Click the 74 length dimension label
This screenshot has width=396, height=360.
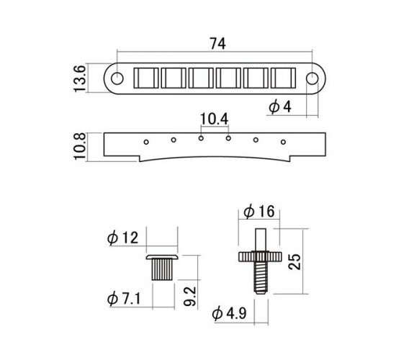217,44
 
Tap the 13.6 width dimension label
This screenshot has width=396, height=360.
79,78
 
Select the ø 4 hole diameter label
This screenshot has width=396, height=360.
280,107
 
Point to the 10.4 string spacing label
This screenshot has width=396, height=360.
214,120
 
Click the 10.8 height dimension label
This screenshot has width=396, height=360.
79,146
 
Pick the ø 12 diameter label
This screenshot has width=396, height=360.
122,238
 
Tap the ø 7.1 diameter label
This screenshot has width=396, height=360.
124,299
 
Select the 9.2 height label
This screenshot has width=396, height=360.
189,296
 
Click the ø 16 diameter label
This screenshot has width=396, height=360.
259,212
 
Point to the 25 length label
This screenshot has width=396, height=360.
294,262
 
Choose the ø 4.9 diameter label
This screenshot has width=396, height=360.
229,314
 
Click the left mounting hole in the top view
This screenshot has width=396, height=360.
117,78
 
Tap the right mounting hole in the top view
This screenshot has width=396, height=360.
312,78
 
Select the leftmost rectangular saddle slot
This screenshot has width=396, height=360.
146,78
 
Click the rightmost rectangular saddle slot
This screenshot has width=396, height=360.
283,78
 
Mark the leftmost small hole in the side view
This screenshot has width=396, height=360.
146,142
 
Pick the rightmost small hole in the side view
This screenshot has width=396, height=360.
283,142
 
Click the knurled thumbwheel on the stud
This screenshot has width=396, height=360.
260,256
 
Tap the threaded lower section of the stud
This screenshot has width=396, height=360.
261,277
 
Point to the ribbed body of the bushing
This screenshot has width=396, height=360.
162,270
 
